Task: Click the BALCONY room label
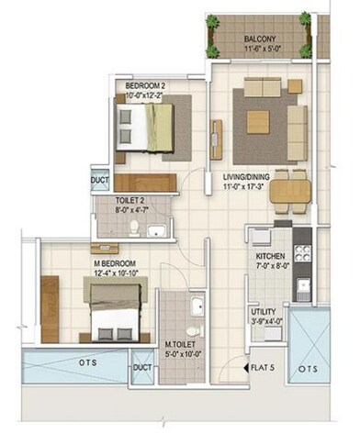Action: click(261, 39)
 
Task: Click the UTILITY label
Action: click(264, 312)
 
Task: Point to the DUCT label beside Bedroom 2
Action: click(100, 181)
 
